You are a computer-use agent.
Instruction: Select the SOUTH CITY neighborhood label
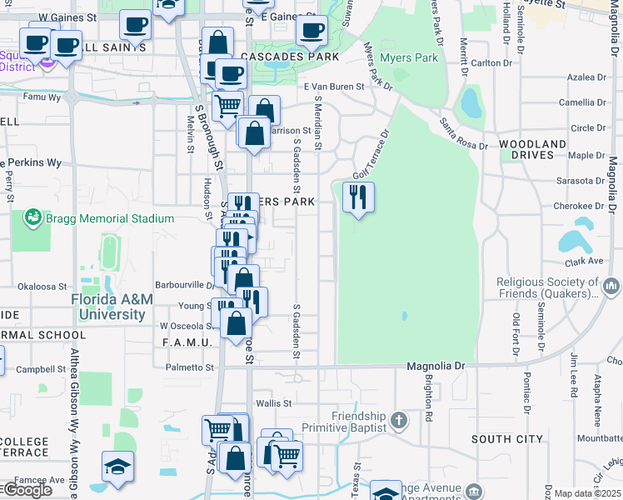pyautogui.click(x=506, y=439)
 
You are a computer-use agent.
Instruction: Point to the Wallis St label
pyautogui.click(x=274, y=402)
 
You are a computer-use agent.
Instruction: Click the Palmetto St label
pyautogui.click(x=190, y=367)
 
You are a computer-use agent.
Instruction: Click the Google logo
pyautogui.click(x=27, y=490)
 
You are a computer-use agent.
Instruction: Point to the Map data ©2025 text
pyautogui.click(x=587, y=493)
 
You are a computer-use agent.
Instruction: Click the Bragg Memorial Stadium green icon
pyautogui.click(x=33, y=218)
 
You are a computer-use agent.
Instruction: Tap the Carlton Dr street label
pyautogui.click(x=491, y=62)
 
